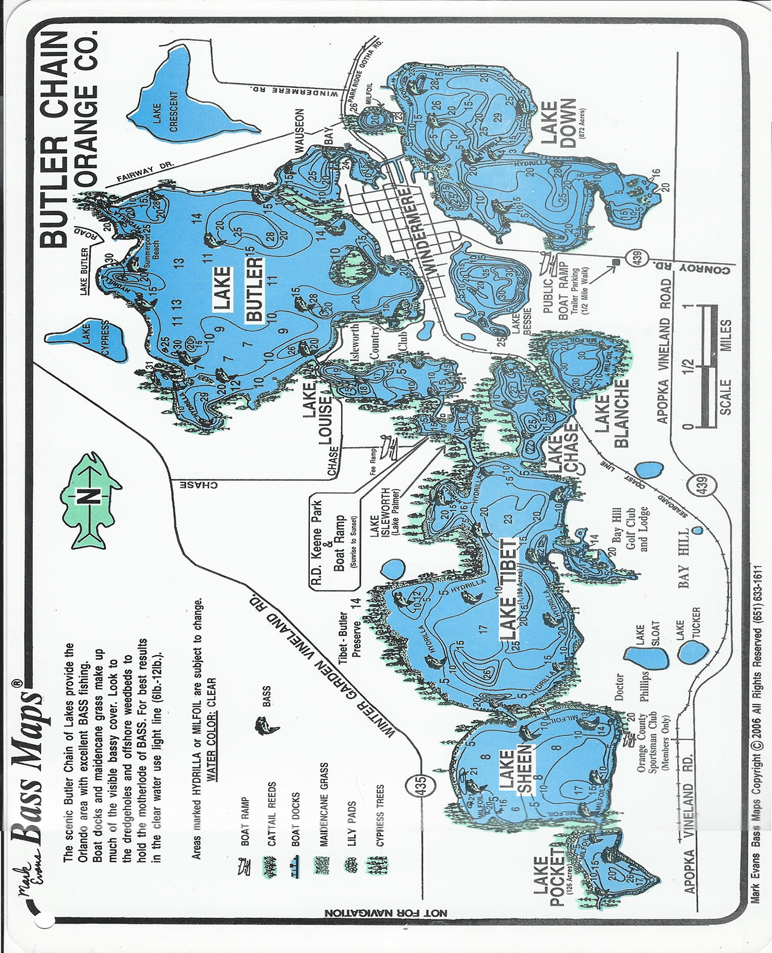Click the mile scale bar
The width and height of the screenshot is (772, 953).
coord(707,366)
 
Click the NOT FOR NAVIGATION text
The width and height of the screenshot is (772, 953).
coord(385,913)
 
